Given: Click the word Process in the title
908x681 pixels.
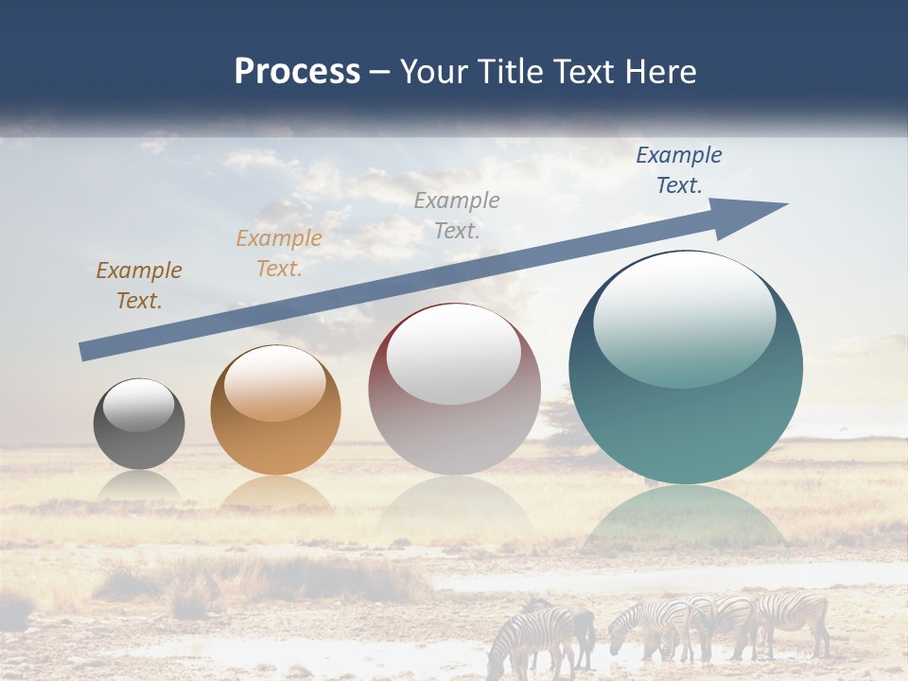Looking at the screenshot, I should coord(297,72).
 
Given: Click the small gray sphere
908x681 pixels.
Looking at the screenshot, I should coord(139,435).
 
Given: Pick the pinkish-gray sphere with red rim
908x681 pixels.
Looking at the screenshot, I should coord(454,416).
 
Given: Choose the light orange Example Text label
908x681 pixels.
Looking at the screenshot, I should coord(278,253).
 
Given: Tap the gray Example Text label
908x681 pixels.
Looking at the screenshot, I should coord(457,215).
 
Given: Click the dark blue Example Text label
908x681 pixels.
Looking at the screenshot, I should coord(678,170).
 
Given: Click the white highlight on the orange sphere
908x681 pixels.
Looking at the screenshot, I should coord(275,383).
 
